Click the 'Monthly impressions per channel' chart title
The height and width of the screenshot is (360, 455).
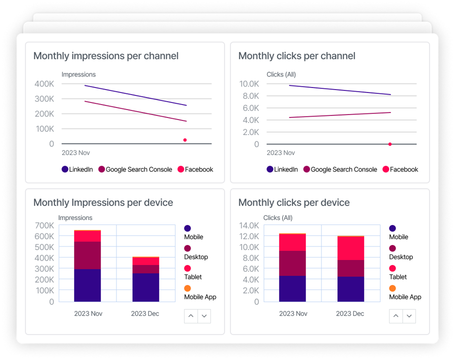(105, 56)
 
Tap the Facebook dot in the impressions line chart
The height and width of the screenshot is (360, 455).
(185, 140)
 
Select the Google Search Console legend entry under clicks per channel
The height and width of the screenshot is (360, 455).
(340, 169)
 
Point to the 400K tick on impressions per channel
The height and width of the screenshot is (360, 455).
(44, 84)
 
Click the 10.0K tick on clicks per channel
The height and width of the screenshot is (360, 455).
(249, 84)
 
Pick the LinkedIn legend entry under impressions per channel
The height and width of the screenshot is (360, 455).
(77, 169)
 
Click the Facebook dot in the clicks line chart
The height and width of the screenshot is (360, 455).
(390, 144)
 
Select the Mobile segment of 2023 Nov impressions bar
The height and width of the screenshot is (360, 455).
(87, 285)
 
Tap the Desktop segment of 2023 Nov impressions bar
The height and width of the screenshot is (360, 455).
(87, 255)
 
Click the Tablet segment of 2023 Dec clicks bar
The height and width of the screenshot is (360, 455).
(350, 248)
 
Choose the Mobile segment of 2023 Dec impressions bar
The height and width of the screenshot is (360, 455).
(145, 287)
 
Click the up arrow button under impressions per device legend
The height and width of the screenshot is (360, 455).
(191, 316)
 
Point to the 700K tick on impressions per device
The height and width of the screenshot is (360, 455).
(44, 225)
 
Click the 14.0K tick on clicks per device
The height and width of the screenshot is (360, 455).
(249, 225)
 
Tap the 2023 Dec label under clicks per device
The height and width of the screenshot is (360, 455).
(350, 313)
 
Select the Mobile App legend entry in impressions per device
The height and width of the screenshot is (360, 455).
(199, 293)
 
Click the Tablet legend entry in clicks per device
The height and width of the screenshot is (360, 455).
(397, 273)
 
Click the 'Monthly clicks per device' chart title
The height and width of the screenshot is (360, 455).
(293, 202)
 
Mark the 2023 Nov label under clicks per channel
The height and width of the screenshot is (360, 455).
(280, 153)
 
